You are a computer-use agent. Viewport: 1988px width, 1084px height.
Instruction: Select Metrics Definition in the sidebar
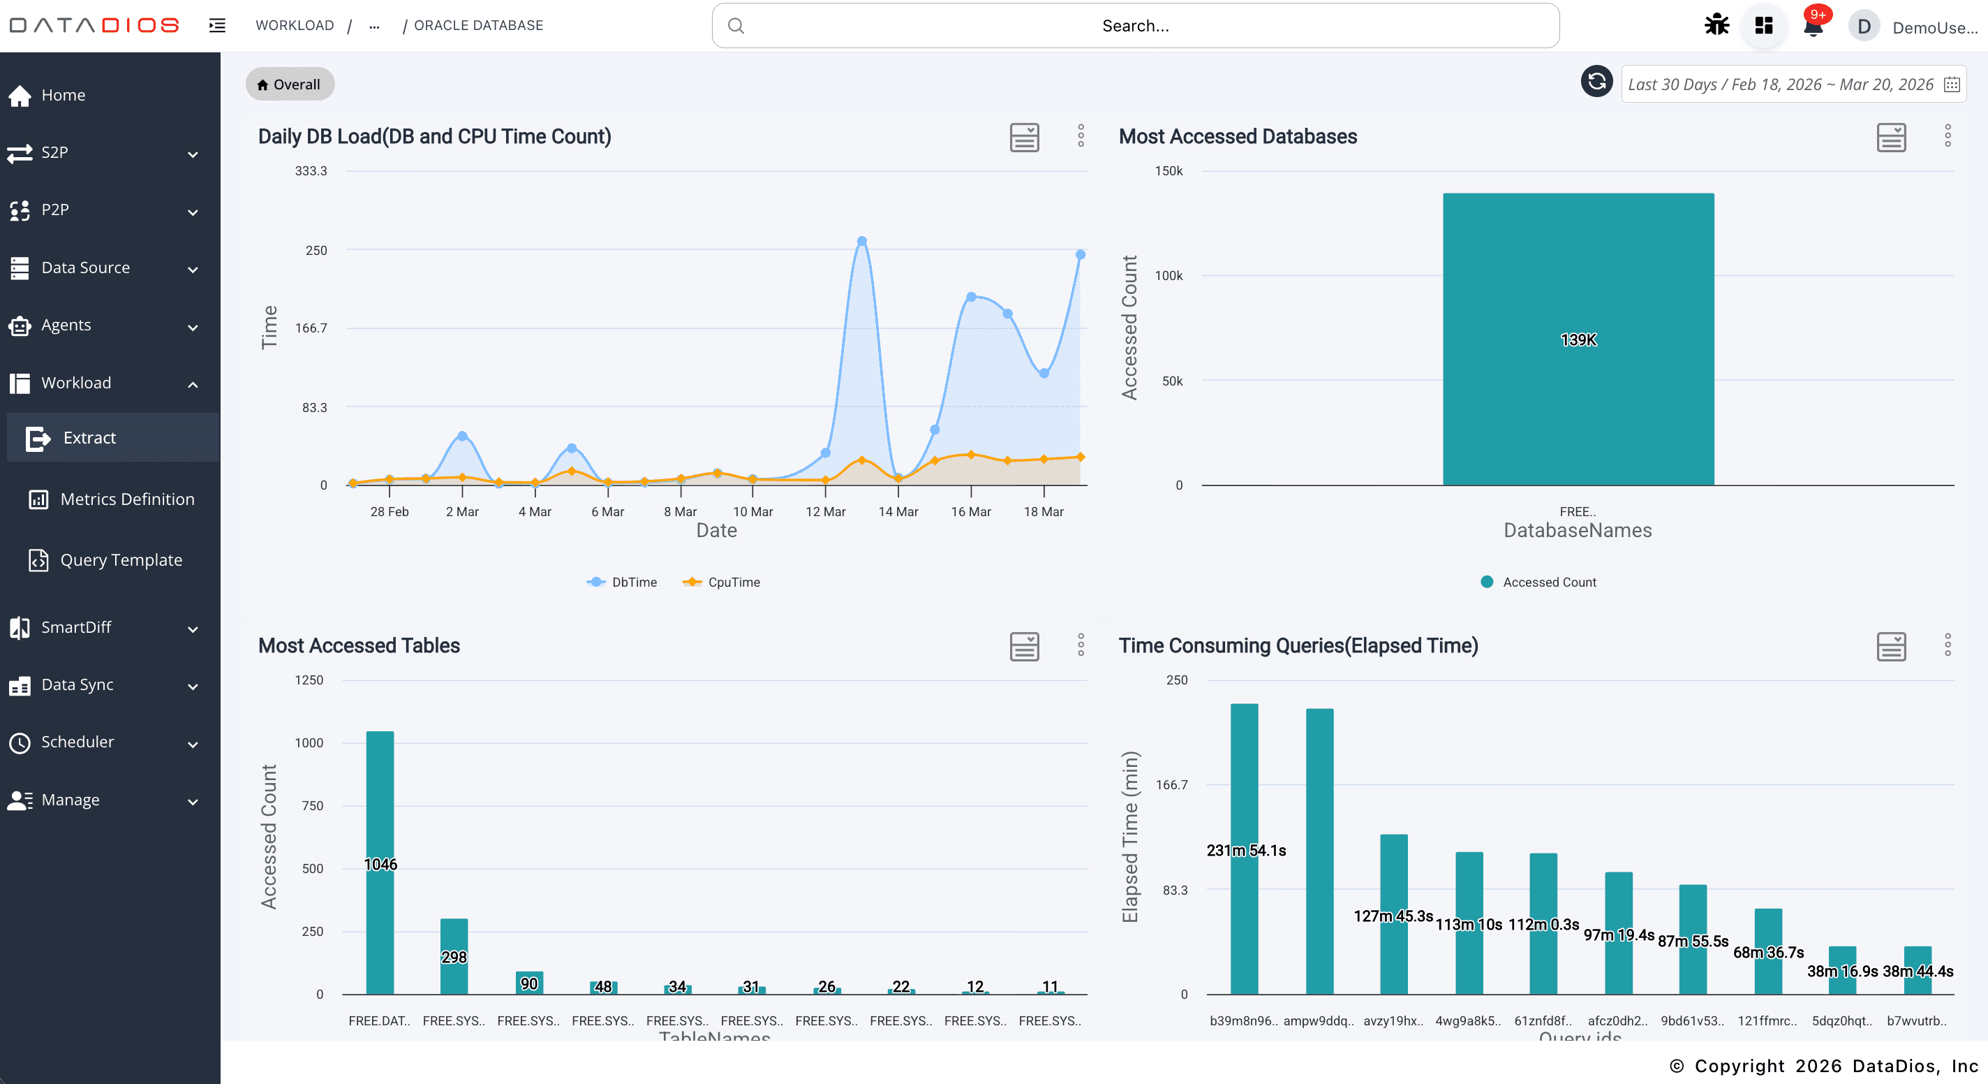pos(126,499)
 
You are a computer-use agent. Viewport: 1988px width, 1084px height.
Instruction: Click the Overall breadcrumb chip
pos(290,84)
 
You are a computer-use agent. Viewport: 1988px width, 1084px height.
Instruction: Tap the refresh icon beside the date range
pos(1596,82)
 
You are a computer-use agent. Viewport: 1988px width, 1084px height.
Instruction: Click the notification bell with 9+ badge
pos(1813,27)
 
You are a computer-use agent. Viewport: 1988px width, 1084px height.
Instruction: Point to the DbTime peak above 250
pos(862,242)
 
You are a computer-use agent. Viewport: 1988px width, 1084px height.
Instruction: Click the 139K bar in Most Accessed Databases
pos(1578,339)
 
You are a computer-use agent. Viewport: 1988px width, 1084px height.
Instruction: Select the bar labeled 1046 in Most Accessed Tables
pos(380,863)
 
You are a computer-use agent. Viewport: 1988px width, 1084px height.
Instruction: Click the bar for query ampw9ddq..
pos(1319,849)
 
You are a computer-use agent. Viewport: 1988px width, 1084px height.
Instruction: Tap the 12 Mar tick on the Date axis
pos(825,511)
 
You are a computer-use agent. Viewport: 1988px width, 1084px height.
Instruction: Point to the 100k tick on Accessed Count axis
pos(1169,276)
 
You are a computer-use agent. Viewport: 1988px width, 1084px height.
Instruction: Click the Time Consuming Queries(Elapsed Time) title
pos(1298,645)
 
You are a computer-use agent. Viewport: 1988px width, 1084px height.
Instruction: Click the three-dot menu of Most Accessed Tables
pos(1081,645)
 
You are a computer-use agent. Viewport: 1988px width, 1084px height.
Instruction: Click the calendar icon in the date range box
pos(1952,84)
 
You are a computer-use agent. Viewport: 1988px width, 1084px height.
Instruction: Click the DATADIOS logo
pos(94,25)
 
